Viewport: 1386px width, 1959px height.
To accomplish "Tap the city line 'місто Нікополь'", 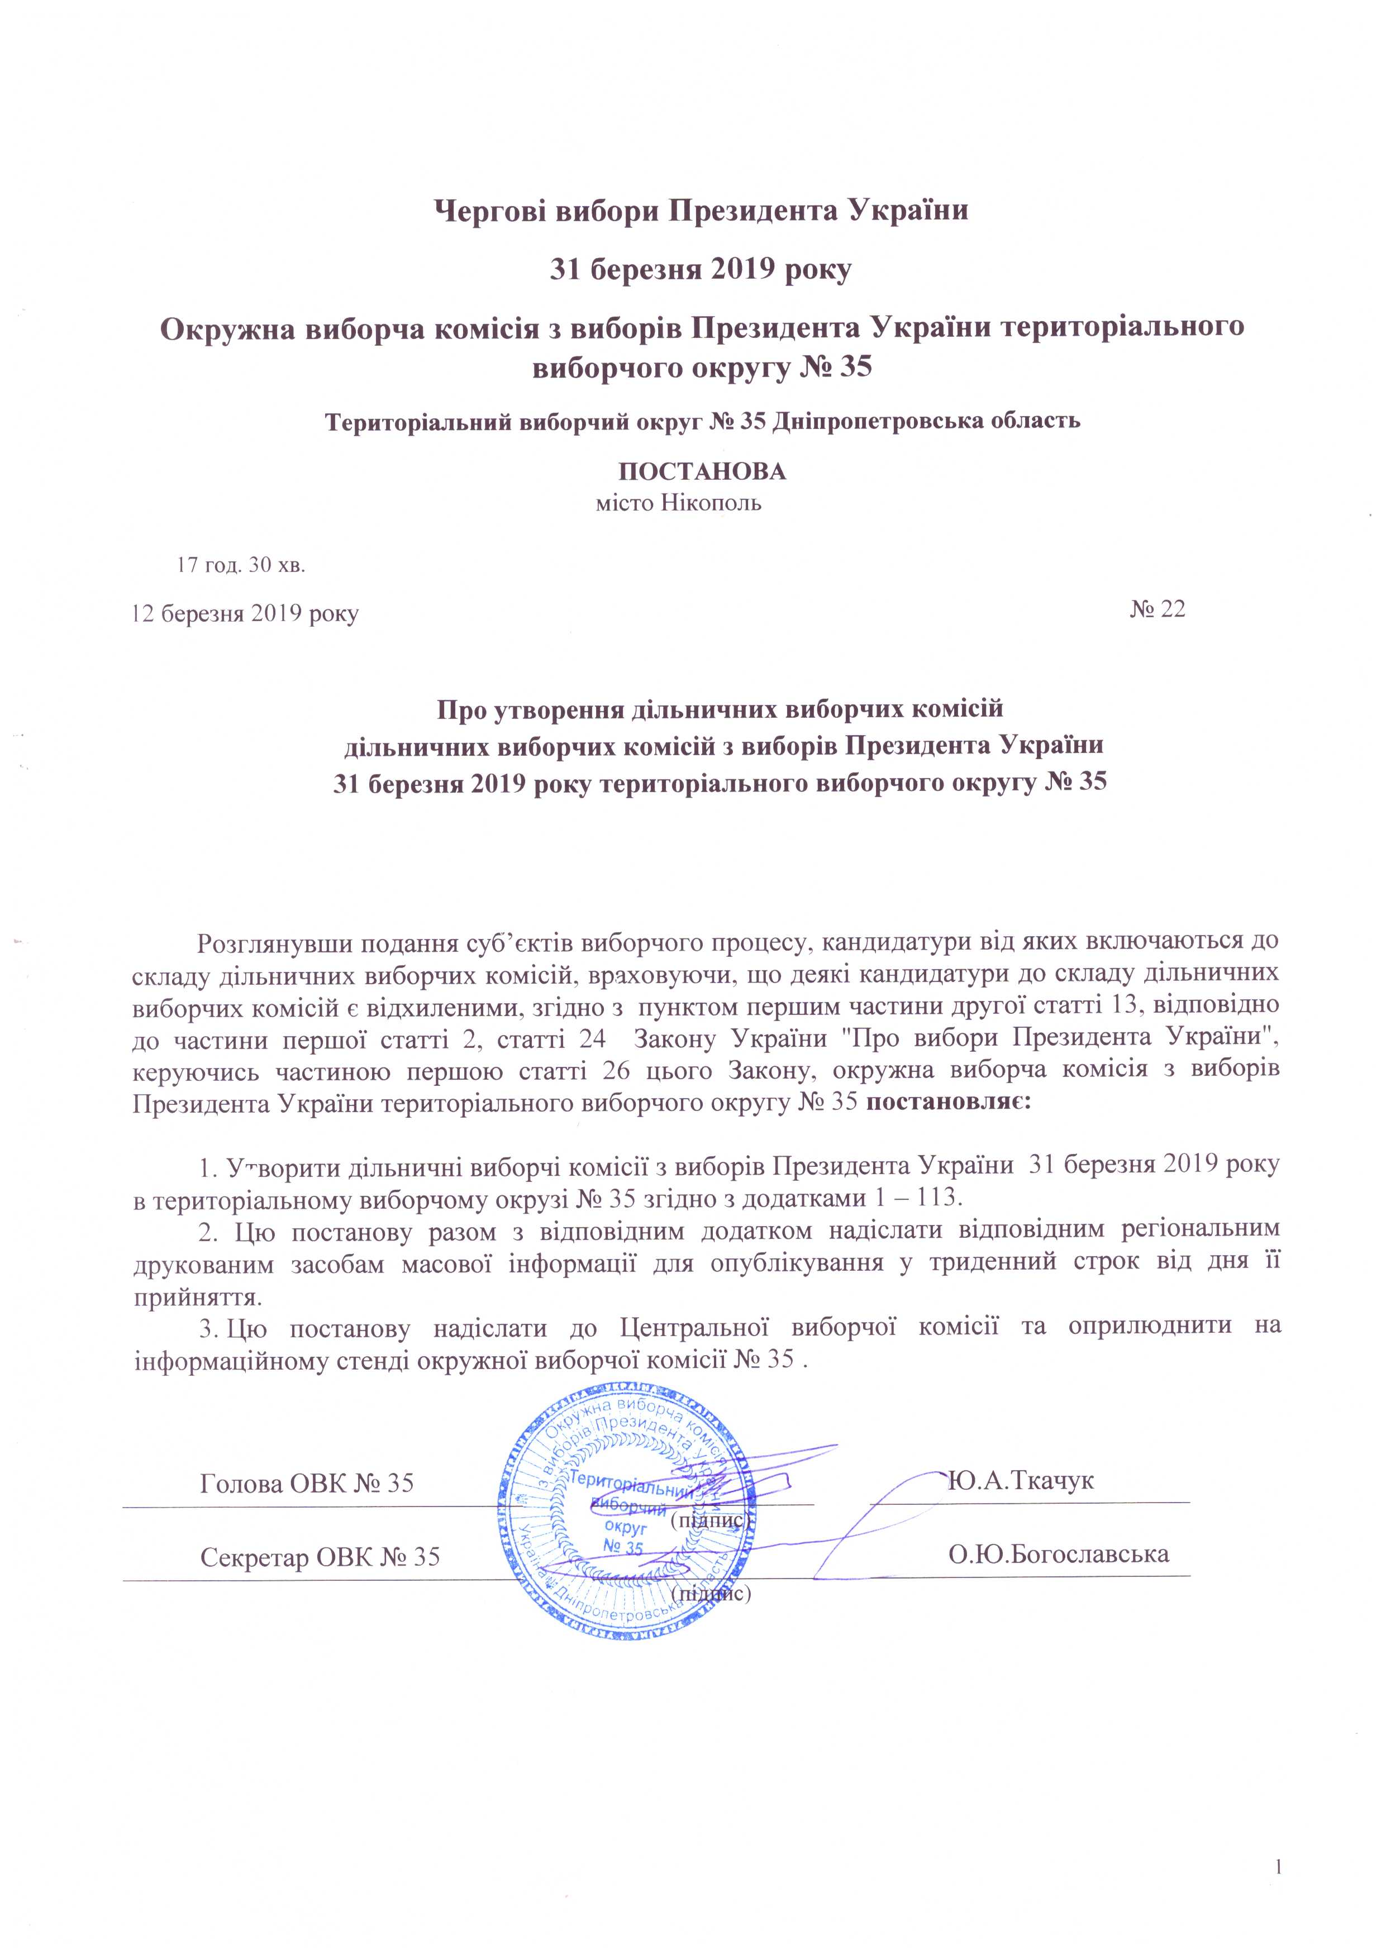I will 678,503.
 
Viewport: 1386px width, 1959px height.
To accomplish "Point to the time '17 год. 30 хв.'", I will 241,565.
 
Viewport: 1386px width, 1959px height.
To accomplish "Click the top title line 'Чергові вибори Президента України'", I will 702,210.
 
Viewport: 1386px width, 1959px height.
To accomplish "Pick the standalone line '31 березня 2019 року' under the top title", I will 700,271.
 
